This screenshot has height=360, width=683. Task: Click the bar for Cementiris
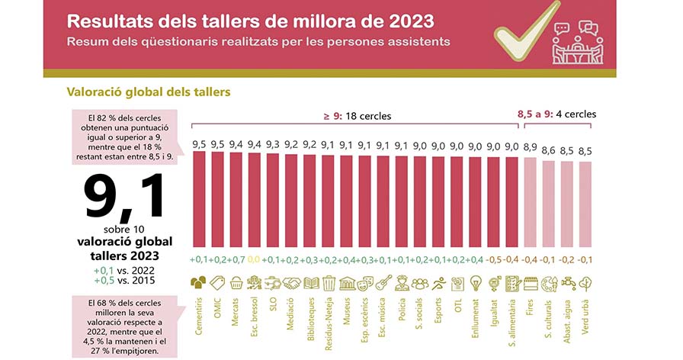point(199,199)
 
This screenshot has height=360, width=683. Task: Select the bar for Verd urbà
point(585,204)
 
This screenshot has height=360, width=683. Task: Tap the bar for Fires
point(530,203)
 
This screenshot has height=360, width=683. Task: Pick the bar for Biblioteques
point(309,201)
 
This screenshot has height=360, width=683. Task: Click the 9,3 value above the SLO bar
point(273,144)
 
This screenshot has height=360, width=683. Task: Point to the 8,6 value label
point(548,151)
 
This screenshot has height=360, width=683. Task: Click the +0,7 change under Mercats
point(236,260)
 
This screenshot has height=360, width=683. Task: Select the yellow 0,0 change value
point(254,260)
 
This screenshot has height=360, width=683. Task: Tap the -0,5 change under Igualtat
point(493,260)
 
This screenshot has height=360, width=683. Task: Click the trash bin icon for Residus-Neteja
point(329,283)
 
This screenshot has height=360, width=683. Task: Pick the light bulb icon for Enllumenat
point(476,283)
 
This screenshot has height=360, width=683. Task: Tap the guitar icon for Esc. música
point(383,283)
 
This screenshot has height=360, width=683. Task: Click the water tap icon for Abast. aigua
point(568,283)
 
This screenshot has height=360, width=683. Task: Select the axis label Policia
point(402,310)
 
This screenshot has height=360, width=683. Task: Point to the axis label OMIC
point(218,307)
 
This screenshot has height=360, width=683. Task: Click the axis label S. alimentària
point(512,323)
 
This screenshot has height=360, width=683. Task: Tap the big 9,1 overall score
point(124,197)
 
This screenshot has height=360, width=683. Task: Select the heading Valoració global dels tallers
point(149,92)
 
